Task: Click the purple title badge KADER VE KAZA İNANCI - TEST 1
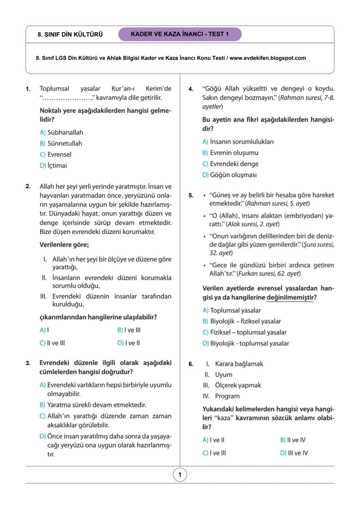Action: point(180,34)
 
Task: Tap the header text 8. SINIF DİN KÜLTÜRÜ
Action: point(70,35)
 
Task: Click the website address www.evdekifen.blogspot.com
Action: point(267,58)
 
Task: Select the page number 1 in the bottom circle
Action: point(180,475)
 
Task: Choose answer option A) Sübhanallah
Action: point(61,132)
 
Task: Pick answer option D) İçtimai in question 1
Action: point(53,165)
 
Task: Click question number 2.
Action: point(28,186)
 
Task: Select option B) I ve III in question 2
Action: point(129,330)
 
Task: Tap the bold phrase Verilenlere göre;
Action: point(64,245)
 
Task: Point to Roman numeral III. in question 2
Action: point(43,296)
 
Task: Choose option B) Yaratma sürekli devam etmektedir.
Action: point(93,405)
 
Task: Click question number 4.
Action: point(191,89)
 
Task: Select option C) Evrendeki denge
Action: point(230,164)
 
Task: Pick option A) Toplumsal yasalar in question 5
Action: point(232,310)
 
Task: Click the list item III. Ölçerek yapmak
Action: point(232,385)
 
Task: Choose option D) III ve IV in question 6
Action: point(294,453)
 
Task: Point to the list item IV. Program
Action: point(222,396)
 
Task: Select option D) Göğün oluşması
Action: point(229,175)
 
